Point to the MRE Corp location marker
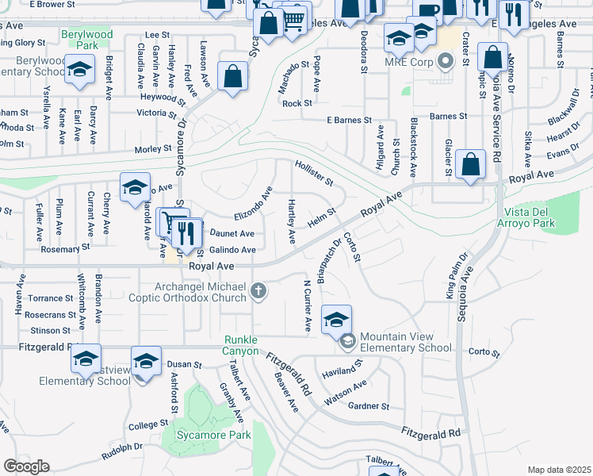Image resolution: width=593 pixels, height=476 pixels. coord(445,60)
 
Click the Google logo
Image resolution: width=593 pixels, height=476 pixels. coord(25,466)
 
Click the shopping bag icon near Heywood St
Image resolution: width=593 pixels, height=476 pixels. coord(234,79)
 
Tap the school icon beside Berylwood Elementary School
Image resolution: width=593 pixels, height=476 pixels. coord(79,71)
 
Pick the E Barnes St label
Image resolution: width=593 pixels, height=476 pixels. coord(349,121)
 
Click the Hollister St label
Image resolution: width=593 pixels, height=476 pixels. coord(314,172)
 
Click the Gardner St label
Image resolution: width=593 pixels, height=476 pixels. coord(369,406)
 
